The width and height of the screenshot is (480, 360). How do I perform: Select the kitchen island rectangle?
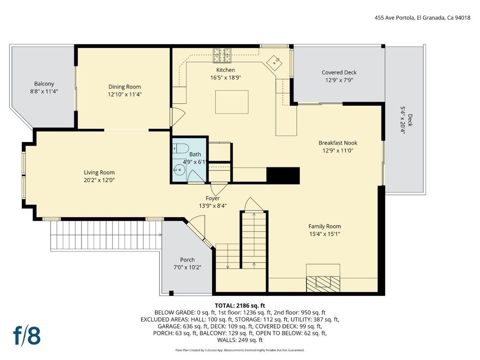point(231,102)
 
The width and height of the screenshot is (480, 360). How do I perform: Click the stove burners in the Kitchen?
point(222,56)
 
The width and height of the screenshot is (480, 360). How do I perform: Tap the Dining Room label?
point(124,87)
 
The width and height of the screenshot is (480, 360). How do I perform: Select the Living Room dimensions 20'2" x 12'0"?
point(99,180)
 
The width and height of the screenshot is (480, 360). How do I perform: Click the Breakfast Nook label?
point(338,143)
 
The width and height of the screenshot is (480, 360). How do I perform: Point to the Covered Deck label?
point(339,73)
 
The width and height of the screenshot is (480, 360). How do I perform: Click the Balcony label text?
point(44,84)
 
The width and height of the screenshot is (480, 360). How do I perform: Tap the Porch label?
point(187,260)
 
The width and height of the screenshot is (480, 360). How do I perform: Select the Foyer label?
point(213,198)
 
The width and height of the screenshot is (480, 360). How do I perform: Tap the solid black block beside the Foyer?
point(283,175)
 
